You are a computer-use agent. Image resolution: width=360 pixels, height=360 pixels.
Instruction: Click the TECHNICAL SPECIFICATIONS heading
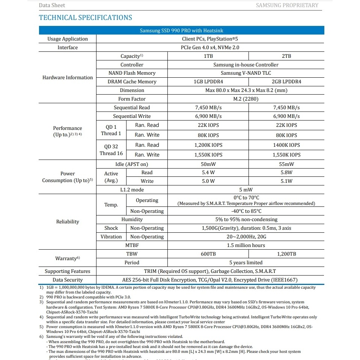click(x=86, y=18)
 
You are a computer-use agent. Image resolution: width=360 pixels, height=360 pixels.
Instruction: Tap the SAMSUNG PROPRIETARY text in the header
click(x=287, y=5)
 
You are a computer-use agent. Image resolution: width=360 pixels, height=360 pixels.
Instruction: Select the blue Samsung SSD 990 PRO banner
click(x=181, y=30)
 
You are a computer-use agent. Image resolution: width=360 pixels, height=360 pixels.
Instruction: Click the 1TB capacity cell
click(x=208, y=56)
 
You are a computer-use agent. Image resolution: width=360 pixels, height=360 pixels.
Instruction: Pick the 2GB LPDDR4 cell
click(x=286, y=81)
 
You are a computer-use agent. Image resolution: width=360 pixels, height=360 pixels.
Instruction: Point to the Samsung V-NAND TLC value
click(x=246, y=73)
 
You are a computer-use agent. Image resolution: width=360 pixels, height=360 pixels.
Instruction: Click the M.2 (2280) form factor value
click(x=246, y=99)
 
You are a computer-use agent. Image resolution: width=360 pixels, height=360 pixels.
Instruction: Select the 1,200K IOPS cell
click(x=208, y=145)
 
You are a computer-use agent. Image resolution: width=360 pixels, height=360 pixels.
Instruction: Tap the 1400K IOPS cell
click(x=286, y=145)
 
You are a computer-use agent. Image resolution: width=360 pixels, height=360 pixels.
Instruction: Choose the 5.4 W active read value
click(x=208, y=172)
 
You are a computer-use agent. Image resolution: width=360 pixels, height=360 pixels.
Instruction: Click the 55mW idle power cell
click(x=286, y=164)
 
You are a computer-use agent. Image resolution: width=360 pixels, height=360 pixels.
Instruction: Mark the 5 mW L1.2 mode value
click(x=246, y=190)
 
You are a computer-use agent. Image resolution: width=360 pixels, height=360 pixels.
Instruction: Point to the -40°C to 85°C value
click(x=246, y=211)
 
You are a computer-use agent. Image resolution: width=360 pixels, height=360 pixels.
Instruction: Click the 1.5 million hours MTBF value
click(x=246, y=245)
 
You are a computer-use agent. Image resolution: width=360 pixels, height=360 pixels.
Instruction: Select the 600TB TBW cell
click(x=208, y=254)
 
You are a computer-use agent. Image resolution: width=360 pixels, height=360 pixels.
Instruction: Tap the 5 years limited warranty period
click(x=246, y=262)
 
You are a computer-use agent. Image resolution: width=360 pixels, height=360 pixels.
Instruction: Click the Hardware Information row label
click(x=68, y=77)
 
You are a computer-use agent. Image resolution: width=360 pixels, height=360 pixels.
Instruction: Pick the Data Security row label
click(x=68, y=280)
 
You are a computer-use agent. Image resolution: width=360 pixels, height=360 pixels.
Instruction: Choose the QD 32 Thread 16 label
click(x=111, y=150)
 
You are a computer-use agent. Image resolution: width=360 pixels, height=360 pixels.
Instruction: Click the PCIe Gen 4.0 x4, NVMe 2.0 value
click(x=210, y=47)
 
